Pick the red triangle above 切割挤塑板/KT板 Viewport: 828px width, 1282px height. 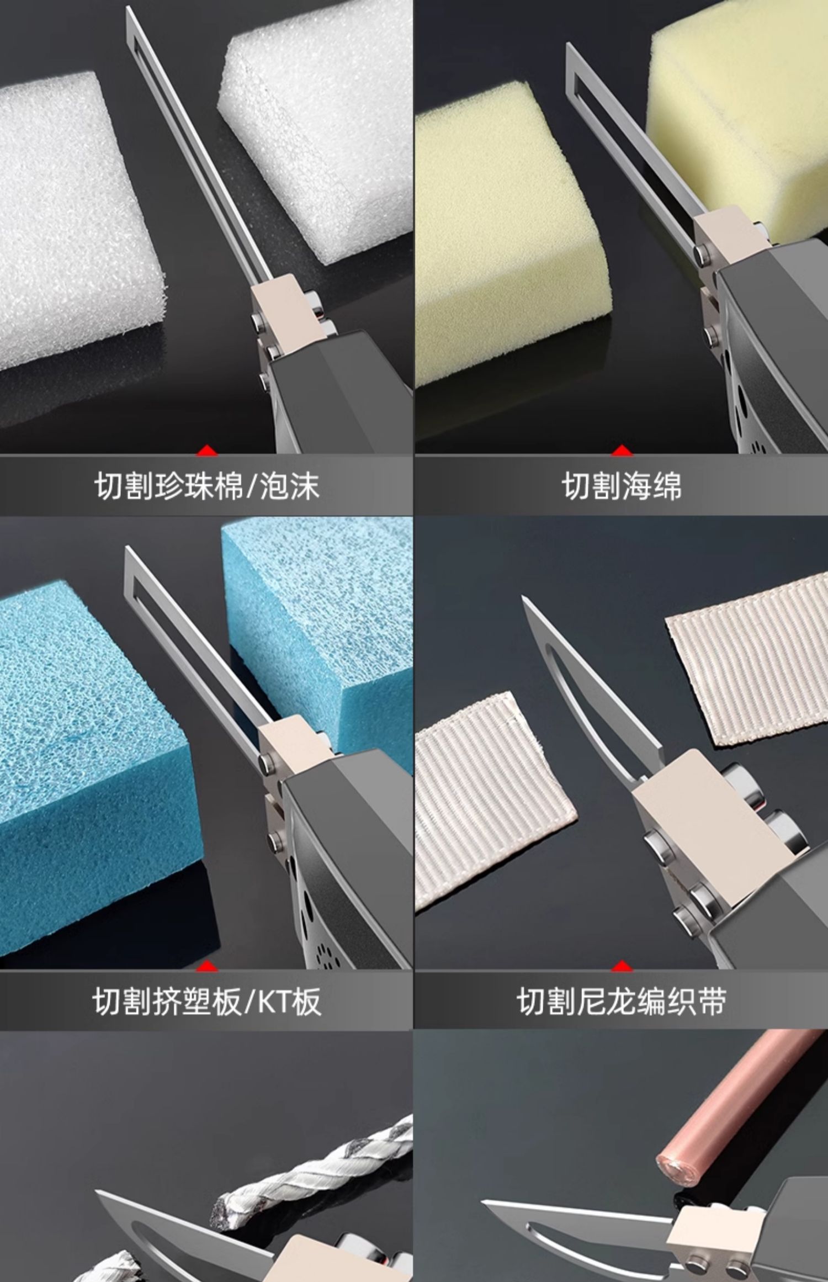(207, 966)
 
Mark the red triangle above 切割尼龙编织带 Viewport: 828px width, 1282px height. (622, 966)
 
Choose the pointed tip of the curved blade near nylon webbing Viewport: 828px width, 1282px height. (523, 597)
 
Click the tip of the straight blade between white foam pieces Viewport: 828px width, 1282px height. (128, 8)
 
